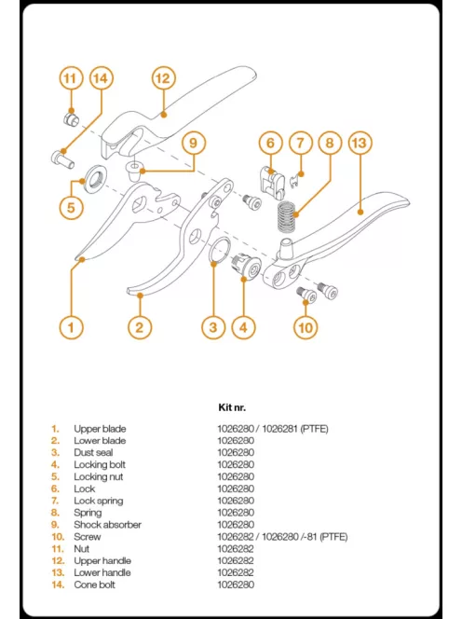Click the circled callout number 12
(x=162, y=78)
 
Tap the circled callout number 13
(x=360, y=144)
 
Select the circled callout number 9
(x=193, y=144)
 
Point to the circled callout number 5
(x=72, y=207)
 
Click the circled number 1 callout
(x=72, y=327)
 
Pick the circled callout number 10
(x=306, y=327)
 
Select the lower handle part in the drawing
(x=363, y=224)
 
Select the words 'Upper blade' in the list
(x=100, y=429)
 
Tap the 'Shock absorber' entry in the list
(x=107, y=525)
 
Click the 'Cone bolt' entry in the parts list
(x=94, y=585)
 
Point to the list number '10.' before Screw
(x=57, y=537)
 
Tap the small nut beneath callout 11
(x=72, y=118)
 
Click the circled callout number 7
(x=299, y=144)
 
